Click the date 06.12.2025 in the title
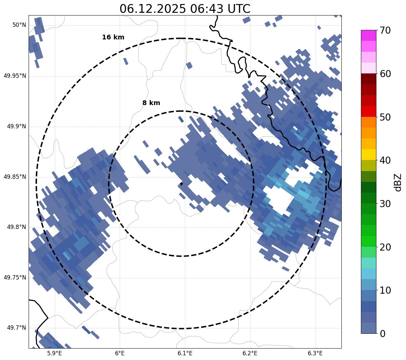click(152, 9)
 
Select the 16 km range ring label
click(113, 37)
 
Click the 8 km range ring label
click(151, 103)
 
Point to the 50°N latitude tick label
click(19, 25)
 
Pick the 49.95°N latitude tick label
click(15, 76)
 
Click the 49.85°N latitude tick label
click(15, 177)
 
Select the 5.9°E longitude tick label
click(54, 353)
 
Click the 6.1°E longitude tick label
click(185, 353)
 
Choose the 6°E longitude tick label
click(120, 353)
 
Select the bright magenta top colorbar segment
click(368, 35)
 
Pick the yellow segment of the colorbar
click(368, 155)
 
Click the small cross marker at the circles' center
click(181, 184)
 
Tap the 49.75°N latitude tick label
click(15, 277)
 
